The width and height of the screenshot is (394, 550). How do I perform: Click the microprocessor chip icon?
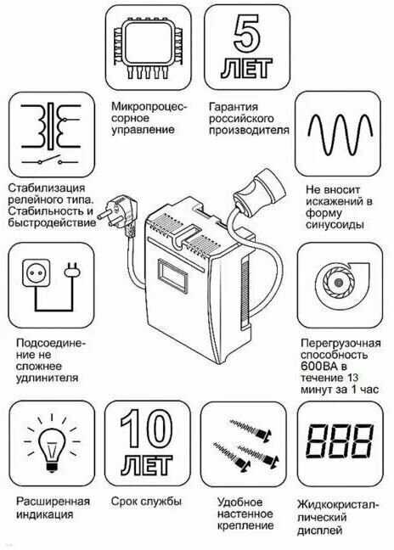[x=148, y=48]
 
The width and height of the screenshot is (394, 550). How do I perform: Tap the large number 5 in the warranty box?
[x=247, y=33]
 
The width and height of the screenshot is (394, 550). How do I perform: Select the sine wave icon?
[x=340, y=134]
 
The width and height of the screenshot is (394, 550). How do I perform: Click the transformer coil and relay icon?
[x=52, y=134]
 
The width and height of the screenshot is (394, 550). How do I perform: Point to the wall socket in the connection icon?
[x=37, y=272]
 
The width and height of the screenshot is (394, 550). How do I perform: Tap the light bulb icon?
[x=52, y=445]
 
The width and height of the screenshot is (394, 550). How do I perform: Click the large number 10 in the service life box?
[x=146, y=429]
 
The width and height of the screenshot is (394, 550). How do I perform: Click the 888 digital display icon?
[x=340, y=441]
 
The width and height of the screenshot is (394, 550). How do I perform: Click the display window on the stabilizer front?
[x=172, y=276]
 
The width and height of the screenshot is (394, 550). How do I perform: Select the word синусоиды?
[x=335, y=224]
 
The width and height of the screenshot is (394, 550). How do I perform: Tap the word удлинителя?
[x=47, y=379]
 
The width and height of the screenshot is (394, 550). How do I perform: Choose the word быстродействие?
[x=52, y=223]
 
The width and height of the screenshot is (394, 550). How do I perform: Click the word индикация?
[x=44, y=514]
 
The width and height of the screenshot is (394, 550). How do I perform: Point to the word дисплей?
[x=319, y=530]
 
